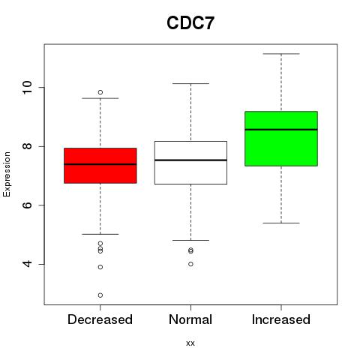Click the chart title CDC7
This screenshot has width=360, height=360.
click(190, 23)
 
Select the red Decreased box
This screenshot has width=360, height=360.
click(100, 166)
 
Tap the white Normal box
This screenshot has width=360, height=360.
click(190, 163)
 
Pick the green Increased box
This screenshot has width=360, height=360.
click(281, 139)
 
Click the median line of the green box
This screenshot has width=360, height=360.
click(281, 130)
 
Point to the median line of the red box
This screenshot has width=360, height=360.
click(100, 164)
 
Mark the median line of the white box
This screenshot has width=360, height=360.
click(190, 160)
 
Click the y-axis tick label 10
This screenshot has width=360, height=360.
click(28, 88)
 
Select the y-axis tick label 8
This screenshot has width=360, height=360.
click(28, 146)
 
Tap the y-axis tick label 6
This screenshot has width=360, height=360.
click(28, 205)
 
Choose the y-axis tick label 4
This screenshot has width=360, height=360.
click(28, 264)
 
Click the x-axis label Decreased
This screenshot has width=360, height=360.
click(100, 319)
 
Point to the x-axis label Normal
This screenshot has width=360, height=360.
click(190, 319)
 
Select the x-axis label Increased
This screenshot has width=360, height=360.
click(281, 319)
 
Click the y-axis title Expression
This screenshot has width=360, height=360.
click(7, 174)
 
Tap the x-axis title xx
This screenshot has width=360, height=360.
click(190, 343)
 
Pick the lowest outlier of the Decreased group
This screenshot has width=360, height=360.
click(100, 295)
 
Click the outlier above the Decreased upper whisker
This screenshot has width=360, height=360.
click(100, 92)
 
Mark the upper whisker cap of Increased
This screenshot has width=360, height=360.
click(281, 54)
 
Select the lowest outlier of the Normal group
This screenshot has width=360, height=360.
click(190, 264)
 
